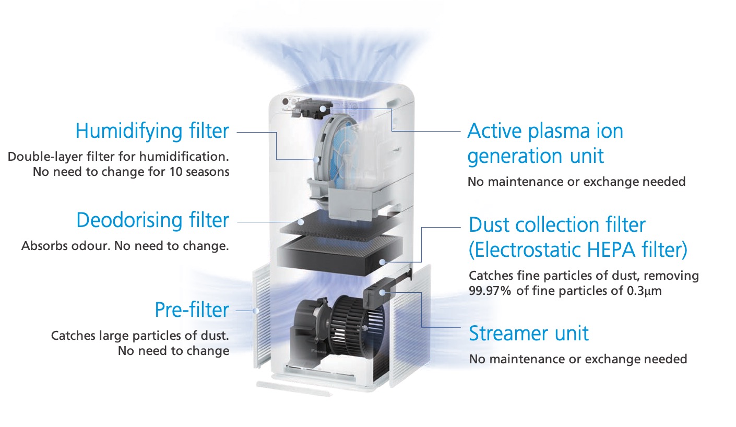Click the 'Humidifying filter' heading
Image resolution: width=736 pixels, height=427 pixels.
click(152, 132)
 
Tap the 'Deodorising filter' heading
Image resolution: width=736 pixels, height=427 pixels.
click(152, 220)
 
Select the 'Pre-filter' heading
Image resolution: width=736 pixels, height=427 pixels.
click(192, 310)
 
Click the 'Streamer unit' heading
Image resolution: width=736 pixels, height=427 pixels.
click(529, 334)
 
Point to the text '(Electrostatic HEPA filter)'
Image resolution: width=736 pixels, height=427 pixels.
click(578, 250)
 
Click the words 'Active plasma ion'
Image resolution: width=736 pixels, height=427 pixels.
click(545, 131)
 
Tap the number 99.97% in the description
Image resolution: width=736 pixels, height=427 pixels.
click(490, 291)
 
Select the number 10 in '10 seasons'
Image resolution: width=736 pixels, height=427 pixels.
click(175, 172)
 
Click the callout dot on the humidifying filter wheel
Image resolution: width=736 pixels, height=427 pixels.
click(316, 160)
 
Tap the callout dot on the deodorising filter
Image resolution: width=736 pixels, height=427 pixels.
click(301, 222)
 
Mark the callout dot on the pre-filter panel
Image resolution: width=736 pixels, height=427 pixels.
click(256, 311)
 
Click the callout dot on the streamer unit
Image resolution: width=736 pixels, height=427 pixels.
click(382, 292)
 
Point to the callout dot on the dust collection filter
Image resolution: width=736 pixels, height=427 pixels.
click(382, 262)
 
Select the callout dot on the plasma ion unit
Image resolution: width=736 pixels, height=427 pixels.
click(323, 109)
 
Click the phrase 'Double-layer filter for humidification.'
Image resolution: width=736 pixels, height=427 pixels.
click(118, 157)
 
